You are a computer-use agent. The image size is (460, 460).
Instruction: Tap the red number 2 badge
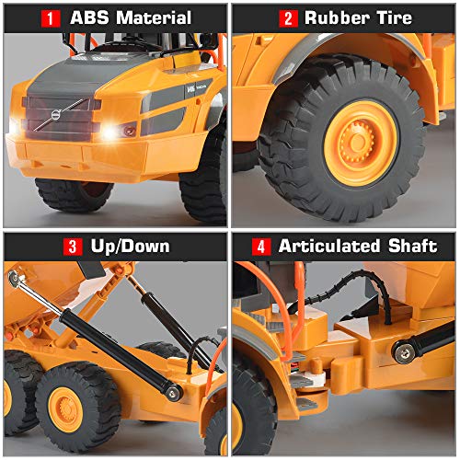288,18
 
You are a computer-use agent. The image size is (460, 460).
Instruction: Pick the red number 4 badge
261,247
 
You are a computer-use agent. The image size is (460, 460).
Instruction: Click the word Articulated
330,247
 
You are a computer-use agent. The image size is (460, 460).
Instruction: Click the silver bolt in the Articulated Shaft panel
402,351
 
